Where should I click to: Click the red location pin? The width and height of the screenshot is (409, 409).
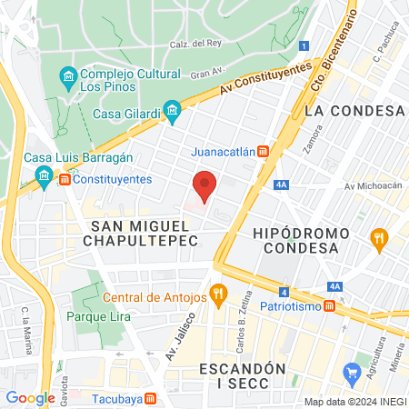point(205,185)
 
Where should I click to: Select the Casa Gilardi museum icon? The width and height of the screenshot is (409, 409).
point(172,114)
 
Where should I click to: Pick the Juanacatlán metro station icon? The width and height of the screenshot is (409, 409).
point(262,151)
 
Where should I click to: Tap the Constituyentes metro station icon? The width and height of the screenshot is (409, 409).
point(65,180)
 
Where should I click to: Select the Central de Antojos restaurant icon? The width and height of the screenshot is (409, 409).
point(217,294)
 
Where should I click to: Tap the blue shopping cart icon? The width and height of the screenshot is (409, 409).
point(352,373)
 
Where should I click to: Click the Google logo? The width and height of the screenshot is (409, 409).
point(30,397)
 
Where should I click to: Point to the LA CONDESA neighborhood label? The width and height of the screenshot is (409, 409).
point(354,111)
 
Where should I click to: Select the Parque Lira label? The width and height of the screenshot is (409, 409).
point(98,316)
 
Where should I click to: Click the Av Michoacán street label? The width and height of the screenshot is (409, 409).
point(373,186)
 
